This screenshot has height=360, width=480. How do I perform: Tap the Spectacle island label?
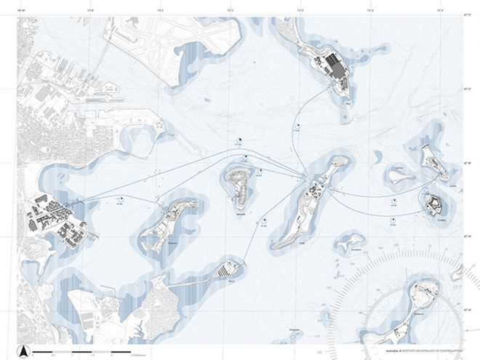241,213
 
